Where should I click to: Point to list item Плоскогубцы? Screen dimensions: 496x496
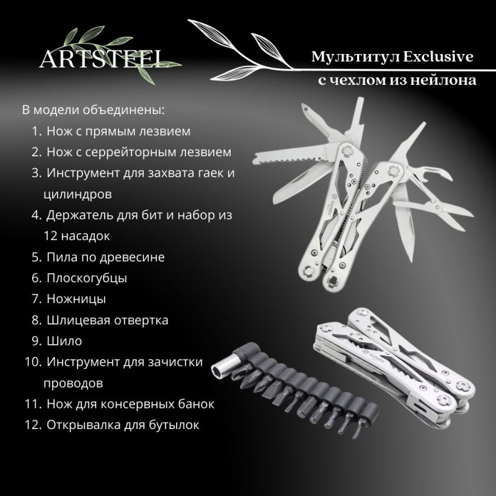(87, 278)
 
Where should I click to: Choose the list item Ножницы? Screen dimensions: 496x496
(76, 299)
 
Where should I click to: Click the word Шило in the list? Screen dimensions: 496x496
(64, 340)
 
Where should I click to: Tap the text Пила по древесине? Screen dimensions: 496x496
(105, 257)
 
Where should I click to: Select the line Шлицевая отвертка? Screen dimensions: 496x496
(107, 320)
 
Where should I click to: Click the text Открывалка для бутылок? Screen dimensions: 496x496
(123, 425)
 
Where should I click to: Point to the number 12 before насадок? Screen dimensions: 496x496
(50, 236)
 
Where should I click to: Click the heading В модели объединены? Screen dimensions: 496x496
(94, 110)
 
